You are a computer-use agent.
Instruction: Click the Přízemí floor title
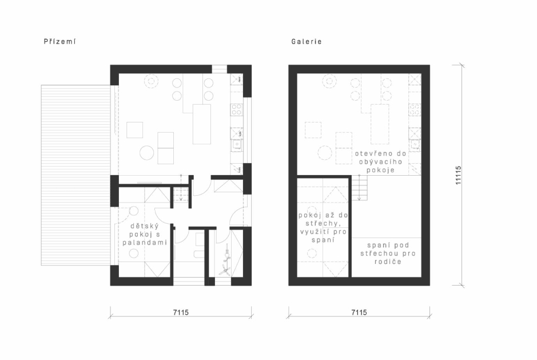pos(59,41)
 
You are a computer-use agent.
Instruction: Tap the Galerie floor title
pos(307,41)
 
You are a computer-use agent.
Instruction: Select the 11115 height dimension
pos(458,176)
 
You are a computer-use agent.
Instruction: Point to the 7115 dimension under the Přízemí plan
pos(181,312)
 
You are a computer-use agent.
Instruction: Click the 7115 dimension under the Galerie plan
pos(359,312)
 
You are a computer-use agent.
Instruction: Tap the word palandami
pos(145,243)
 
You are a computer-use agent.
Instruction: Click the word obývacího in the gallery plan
pos(380,161)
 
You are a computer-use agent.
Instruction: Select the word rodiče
pos(388,262)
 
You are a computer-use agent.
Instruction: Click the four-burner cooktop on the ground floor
pos(236,110)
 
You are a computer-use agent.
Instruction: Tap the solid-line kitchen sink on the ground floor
pos(236,145)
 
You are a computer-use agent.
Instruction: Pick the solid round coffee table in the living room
pos(146,153)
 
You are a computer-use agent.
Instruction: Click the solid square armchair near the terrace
pos(134,130)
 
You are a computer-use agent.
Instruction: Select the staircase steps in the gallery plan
pos(359,188)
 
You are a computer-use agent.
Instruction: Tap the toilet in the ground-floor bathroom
pos(198,254)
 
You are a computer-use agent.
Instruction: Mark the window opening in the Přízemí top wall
pos(219,69)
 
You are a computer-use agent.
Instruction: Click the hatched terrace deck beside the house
pos(75,175)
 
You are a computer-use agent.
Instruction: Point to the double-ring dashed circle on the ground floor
pos(150,82)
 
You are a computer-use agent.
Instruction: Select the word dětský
pos(145,226)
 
